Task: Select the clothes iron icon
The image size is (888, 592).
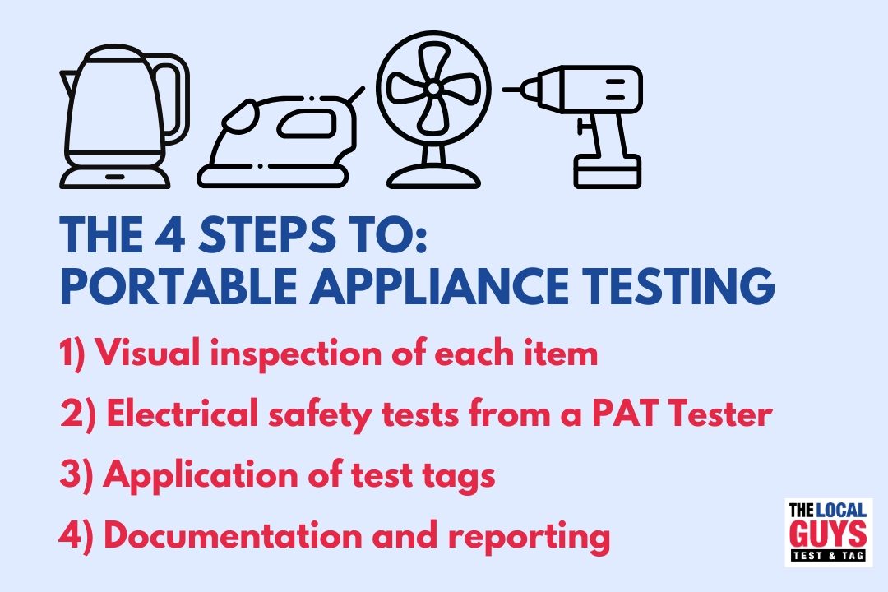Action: click(x=281, y=138)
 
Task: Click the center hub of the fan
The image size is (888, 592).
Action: click(x=433, y=88)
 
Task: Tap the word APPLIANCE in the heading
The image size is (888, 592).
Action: click(x=439, y=285)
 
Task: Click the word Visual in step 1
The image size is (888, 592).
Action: click(x=148, y=353)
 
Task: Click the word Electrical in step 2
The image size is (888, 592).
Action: click(x=182, y=413)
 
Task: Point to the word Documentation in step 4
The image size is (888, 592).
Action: click(x=233, y=534)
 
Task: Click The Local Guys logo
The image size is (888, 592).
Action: click(x=829, y=533)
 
